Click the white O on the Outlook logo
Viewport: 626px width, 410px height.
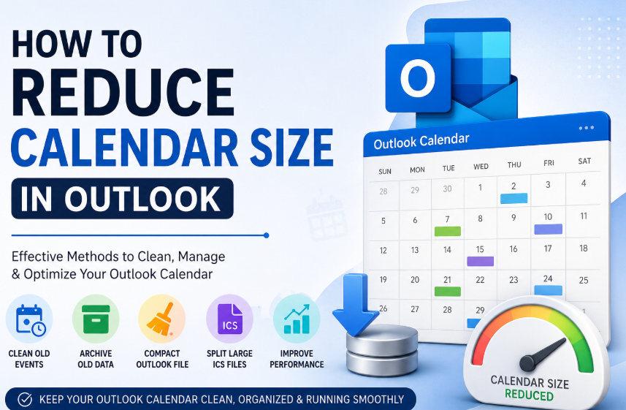418,78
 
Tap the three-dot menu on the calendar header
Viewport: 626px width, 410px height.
586,128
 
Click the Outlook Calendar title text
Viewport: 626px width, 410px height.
421,141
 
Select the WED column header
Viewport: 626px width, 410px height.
481,167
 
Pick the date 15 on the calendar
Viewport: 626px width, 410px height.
480,249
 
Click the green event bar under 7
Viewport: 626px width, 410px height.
448,231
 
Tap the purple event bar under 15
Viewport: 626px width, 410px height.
481,261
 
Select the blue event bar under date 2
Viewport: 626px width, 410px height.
514,198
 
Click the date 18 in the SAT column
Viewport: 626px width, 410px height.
584,248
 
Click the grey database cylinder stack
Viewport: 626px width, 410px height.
382,350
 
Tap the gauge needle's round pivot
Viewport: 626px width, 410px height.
527,362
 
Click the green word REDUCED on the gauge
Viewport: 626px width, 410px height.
529,395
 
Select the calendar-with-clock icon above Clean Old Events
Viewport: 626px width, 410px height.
31,320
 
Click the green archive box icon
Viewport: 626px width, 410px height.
96,319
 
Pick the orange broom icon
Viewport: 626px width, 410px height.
160,319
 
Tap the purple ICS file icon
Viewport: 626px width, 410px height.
229,319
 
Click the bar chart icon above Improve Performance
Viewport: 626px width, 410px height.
297,319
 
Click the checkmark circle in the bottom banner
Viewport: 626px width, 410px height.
25,399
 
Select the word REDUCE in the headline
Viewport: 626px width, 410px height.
123,92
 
